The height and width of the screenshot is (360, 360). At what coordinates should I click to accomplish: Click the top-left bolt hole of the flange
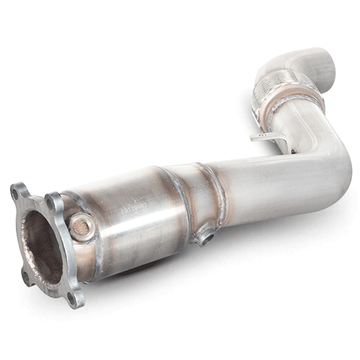pyautogui.click(x=15, y=193)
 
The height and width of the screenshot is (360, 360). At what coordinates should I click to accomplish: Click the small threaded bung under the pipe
pyautogui.click(x=206, y=235)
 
